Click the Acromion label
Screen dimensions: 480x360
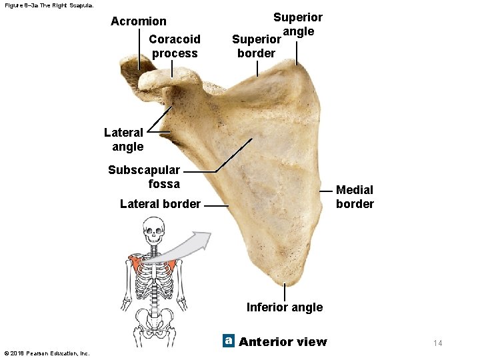click(139, 21)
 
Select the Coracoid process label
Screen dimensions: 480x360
click(175, 46)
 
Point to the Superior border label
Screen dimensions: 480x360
click(256, 46)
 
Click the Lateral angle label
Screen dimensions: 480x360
click(123, 139)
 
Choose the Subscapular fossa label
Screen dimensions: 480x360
click(144, 177)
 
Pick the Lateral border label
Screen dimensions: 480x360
click(160, 204)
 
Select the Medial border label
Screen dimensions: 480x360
click(355, 197)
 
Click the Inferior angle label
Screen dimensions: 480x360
click(285, 307)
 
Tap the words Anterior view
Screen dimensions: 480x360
click(283, 342)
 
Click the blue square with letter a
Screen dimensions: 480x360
click(229, 341)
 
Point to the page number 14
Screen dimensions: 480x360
click(437, 343)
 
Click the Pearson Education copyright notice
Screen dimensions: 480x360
click(46, 353)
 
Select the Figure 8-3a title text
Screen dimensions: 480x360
click(49, 5)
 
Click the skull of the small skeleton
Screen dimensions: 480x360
click(154, 233)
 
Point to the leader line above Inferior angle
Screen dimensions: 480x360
click(285, 292)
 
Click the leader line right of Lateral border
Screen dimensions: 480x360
click(217, 206)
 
